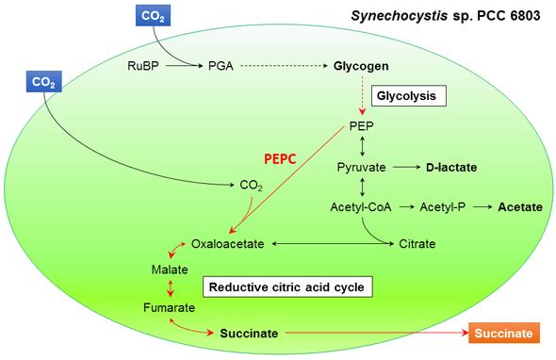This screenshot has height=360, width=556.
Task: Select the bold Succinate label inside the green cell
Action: tap(249, 334)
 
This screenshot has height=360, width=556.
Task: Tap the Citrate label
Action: tap(417, 243)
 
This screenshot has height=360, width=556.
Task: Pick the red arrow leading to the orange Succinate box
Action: tap(377, 334)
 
